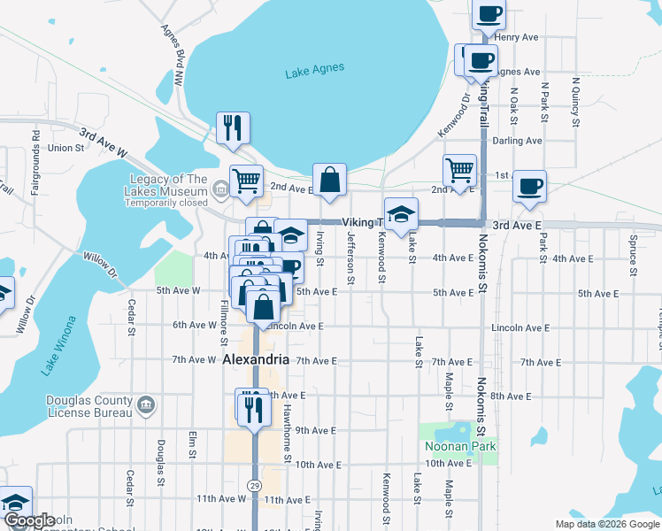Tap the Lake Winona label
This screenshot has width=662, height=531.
click(x=58, y=342)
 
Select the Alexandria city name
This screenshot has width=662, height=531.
click(x=255, y=359)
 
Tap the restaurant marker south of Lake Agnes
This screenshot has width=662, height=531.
click(x=234, y=127)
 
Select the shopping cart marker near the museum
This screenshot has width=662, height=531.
click(x=247, y=181)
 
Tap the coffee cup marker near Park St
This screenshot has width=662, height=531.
click(x=529, y=186)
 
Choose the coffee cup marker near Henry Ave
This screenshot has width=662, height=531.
click(x=489, y=14)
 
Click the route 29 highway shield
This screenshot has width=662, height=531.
click(x=255, y=486)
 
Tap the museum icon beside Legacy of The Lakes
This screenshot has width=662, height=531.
click(x=219, y=188)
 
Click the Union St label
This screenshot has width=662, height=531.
click(x=66, y=148)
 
